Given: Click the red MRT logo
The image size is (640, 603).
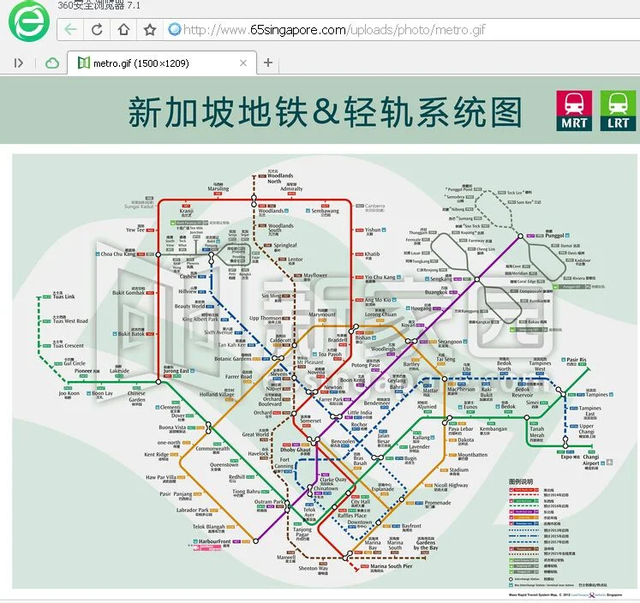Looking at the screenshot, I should click(574, 110).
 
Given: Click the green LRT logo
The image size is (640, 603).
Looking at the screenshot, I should click(618, 110).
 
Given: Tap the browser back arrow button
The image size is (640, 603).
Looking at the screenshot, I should click(70, 30).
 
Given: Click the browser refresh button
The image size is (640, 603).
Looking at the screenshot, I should click(97, 30).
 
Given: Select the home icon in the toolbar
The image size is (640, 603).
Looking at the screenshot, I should click(123, 30).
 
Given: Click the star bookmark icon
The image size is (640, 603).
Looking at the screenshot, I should click(150, 30).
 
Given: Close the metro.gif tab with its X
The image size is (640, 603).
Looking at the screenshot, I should click(243, 63).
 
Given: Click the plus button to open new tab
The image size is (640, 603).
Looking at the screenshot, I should click(268, 63).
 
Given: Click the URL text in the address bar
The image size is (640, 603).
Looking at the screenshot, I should click(334, 30).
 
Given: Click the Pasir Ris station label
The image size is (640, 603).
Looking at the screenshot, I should click(576, 360).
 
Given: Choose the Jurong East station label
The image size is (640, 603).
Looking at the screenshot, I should click(176, 371).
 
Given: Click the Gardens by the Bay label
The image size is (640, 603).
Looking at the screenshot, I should click(425, 545).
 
